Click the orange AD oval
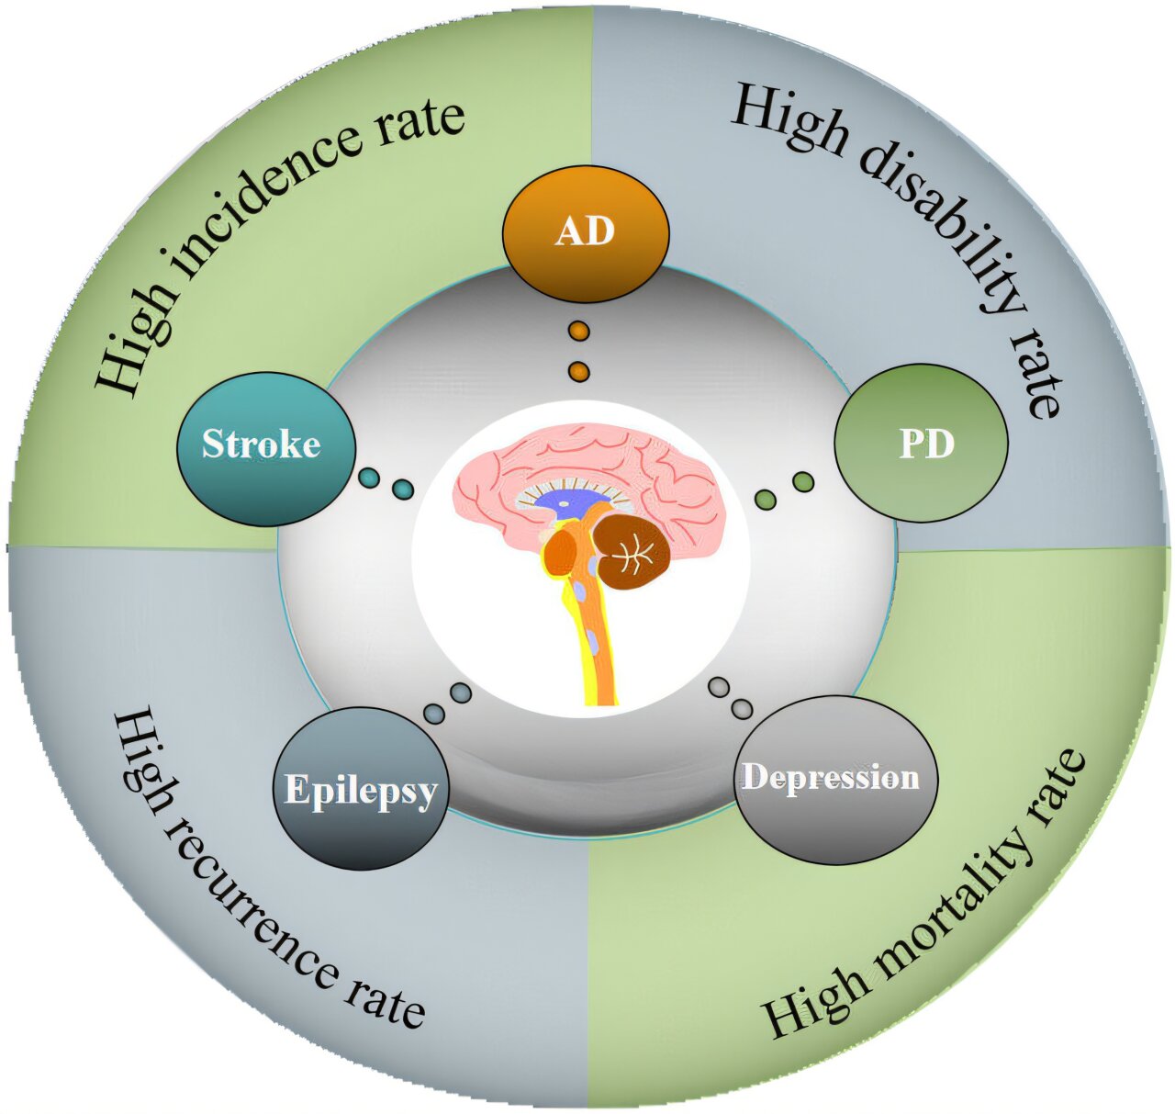(586, 235)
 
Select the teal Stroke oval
(265, 447)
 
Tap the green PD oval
(921, 444)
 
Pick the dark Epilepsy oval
(362, 788)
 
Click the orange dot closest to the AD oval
(578, 331)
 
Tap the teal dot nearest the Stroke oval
(369, 478)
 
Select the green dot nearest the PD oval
(803, 481)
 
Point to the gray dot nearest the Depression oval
(743, 708)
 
